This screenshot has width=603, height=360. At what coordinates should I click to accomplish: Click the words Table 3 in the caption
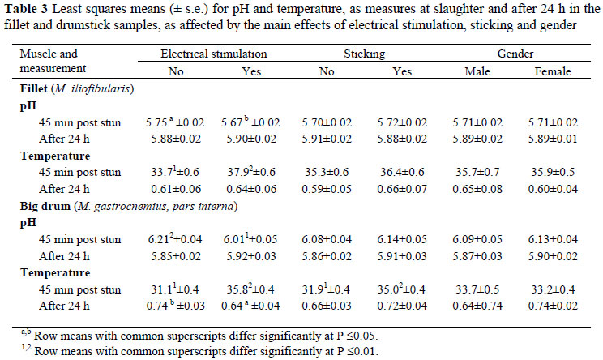point(28,11)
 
